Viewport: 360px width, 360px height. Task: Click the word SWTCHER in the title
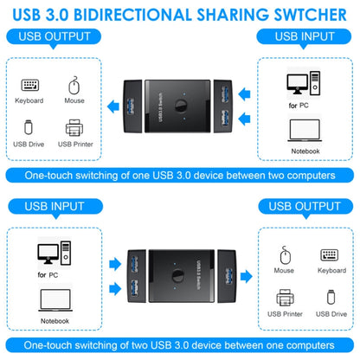pos(310,15)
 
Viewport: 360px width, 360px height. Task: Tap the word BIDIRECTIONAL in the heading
pos(133,15)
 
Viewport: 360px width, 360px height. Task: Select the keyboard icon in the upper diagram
pos(30,85)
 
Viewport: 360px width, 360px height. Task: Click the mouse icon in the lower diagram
pos(286,255)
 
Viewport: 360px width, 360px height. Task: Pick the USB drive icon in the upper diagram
pos(29,127)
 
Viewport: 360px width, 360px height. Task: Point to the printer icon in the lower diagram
pos(285,298)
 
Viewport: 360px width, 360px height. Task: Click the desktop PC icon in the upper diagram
pos(304,83)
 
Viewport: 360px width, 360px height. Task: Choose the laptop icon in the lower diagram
pos(55,300)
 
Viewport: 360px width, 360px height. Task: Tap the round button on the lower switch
pos(178,275)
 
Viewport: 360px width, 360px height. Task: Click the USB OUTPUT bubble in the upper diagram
pos(54,38)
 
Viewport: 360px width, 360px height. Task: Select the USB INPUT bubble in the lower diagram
pos(55,208)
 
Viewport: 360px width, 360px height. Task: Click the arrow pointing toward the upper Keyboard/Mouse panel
pos(113,106)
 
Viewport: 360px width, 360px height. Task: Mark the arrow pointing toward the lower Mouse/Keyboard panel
pos(247,276)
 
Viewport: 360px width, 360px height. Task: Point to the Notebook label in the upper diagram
pos(305,151)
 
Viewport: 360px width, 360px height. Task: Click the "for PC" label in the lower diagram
pos(48,275)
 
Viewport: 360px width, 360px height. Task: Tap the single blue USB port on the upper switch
pos(131,106)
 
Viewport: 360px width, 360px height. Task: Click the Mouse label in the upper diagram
pos(74,100)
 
